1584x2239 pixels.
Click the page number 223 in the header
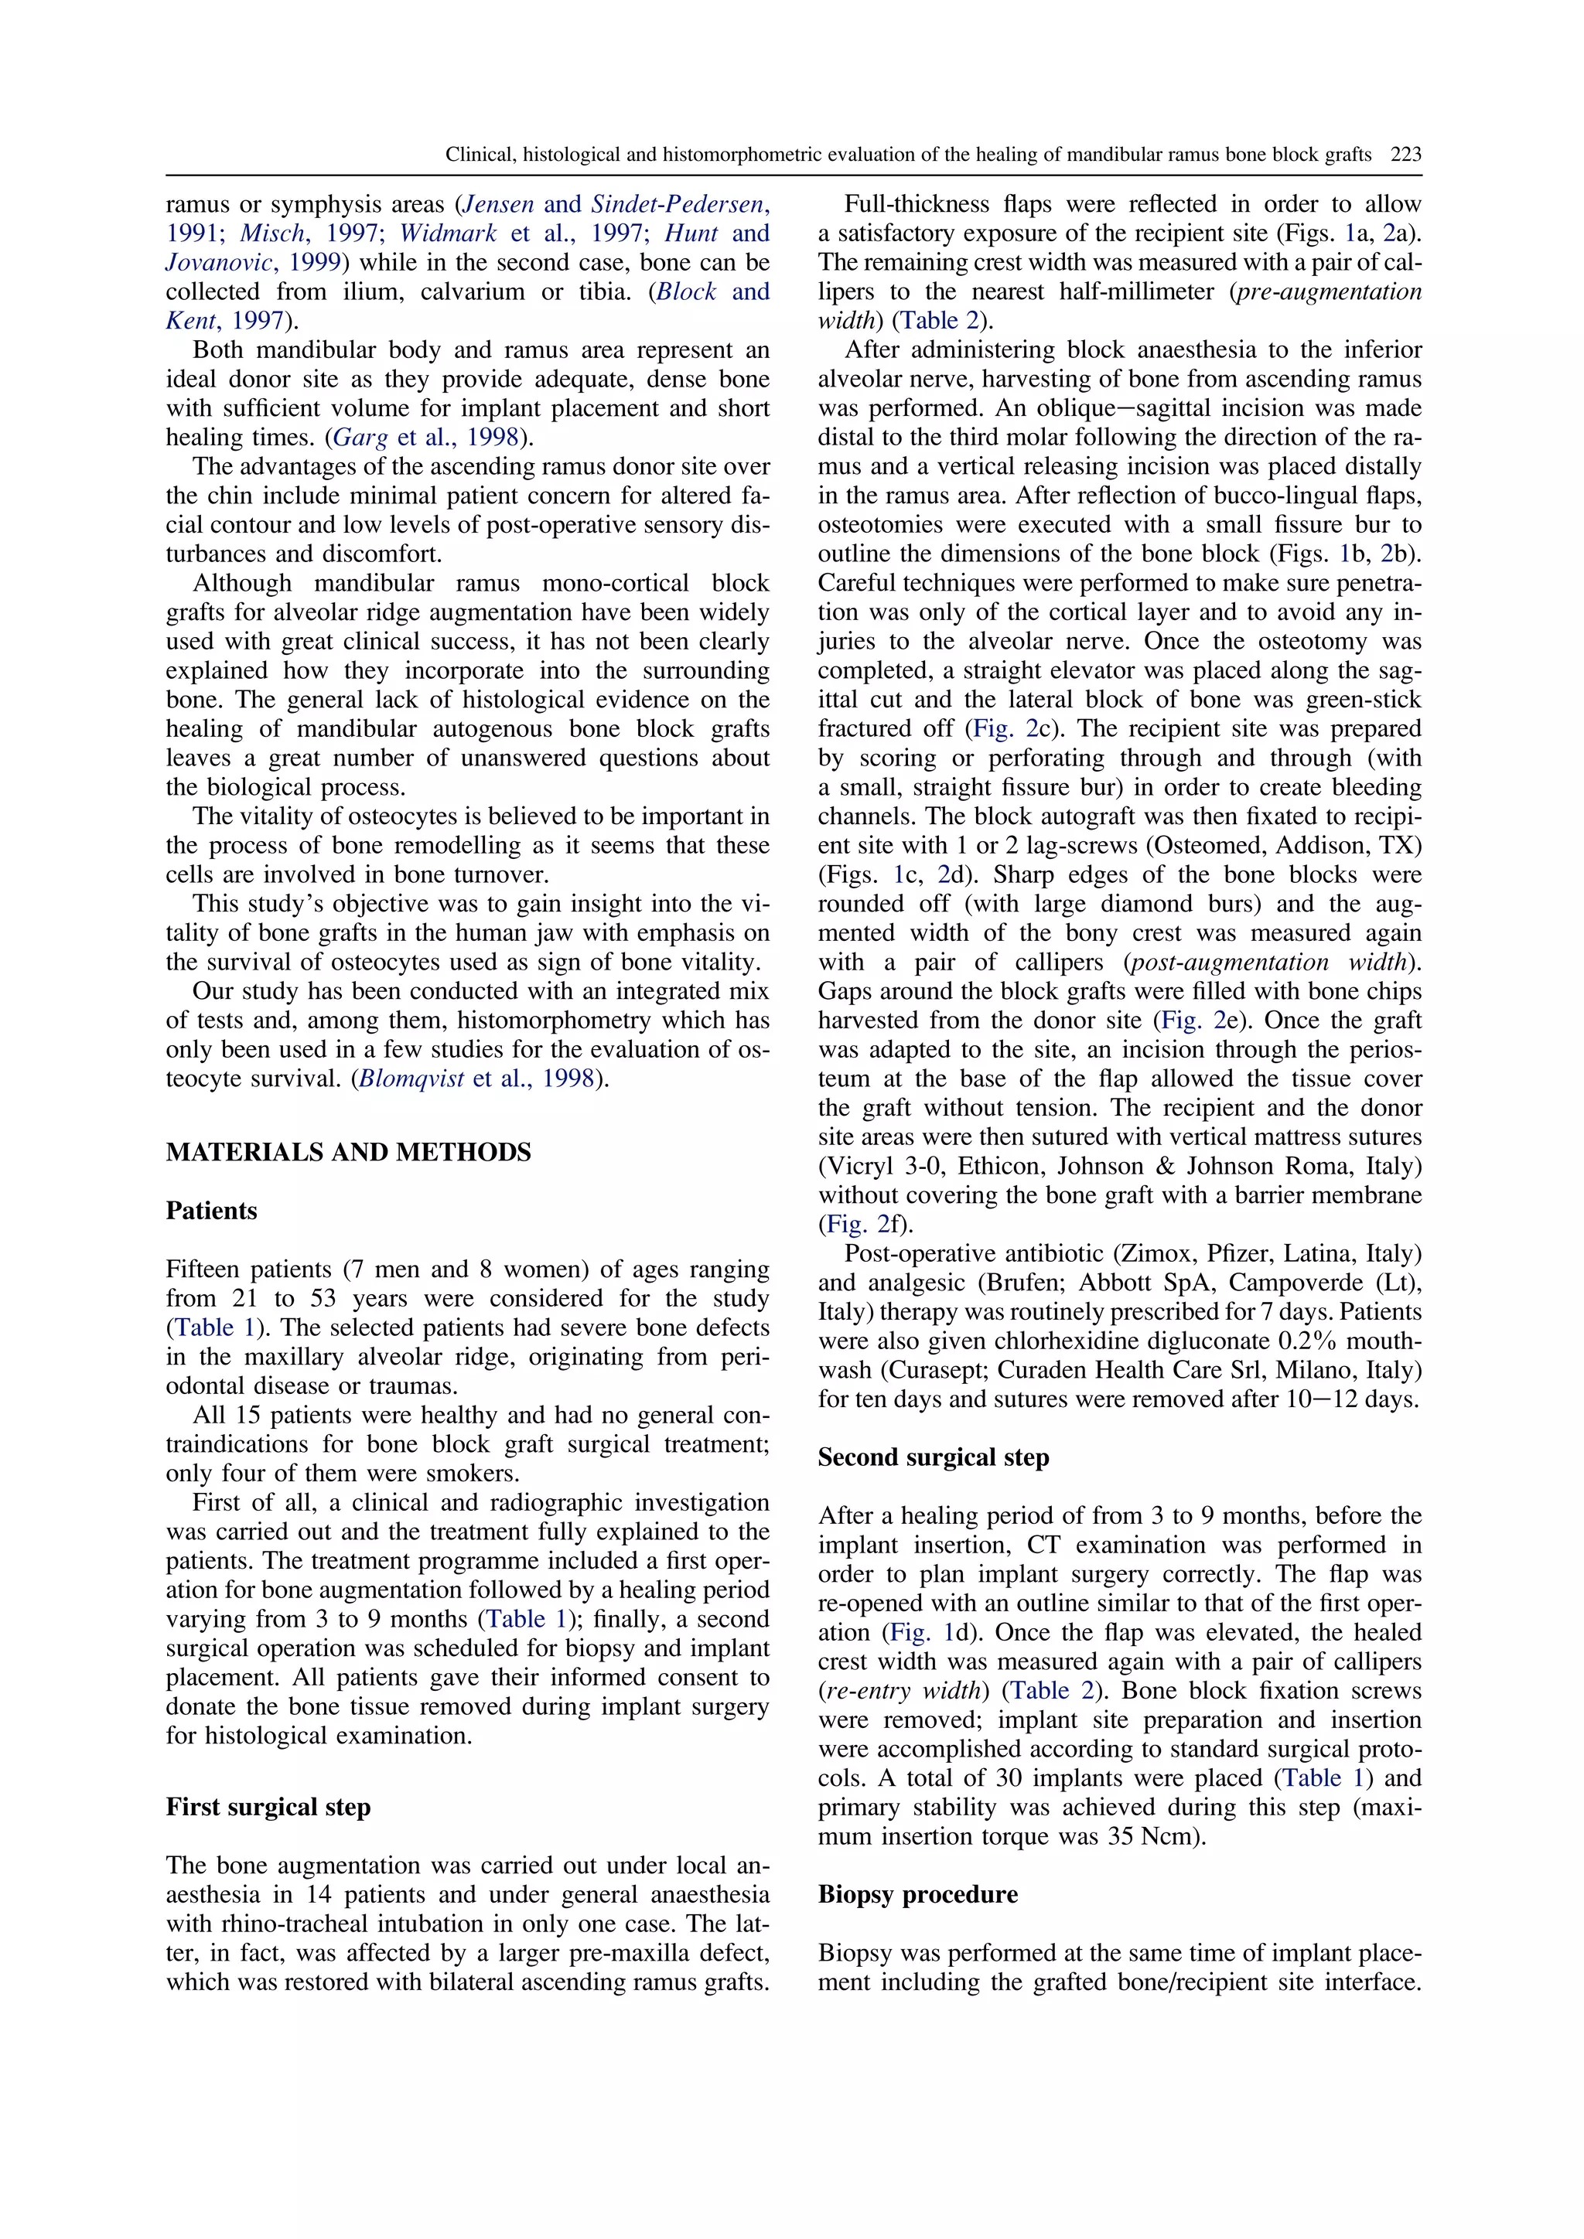point(1405,154)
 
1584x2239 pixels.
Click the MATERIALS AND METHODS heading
point(348,1153)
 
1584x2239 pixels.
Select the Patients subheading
point(212,1212)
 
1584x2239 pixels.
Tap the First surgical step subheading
point(268,1807)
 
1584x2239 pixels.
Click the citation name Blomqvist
point(411,1079)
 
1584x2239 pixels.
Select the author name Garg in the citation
point(361,437)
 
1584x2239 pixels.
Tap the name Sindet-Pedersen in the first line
point(676,205)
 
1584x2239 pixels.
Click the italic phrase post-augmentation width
point(1271,963)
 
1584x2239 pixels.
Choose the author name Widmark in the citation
point(448,234)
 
